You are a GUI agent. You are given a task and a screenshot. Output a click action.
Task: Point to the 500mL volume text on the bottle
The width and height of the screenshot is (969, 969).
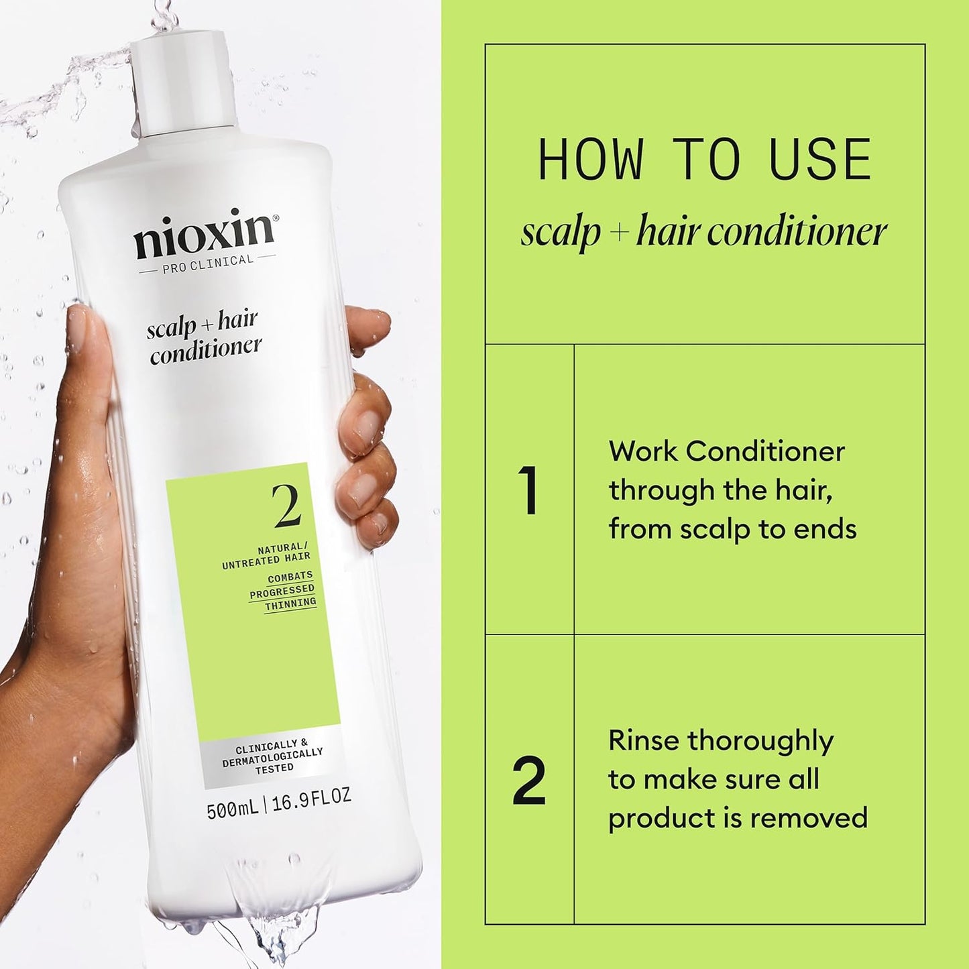pyautogui.click(x=232, y=811)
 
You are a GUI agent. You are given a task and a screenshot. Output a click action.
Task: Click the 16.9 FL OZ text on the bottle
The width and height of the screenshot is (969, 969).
pyautogui.click(x=311, y=798)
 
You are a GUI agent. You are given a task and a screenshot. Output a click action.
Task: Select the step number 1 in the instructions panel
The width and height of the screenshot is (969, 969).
pyautogui.click(x=528, y=492)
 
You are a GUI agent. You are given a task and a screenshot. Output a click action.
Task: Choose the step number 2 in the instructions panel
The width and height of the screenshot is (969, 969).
pyautogui.click(x=529, y=781)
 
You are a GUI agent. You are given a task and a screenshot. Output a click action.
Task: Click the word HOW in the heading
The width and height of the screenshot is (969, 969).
pyautogui.click(x=590, y=161)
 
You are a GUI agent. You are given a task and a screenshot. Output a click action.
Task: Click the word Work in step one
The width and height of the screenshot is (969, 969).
pyautogui.click(x=642, y=452)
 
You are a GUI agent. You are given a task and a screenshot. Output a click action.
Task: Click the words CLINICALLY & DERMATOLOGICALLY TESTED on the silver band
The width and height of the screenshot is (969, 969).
pyautogui.click(x=273, y=756)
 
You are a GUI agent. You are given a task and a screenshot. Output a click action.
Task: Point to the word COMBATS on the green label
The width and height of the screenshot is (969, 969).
pyautogui.click(x=290, y=576)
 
